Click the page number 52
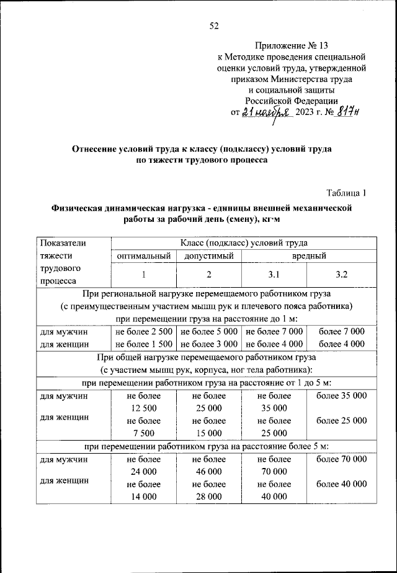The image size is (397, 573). point(214,25)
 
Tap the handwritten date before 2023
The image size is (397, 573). point(266,112)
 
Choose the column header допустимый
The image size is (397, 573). point(209,255)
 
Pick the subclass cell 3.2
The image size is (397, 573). point(341,273)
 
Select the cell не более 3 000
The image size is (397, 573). point(209,343)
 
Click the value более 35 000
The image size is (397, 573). point(341,395)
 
